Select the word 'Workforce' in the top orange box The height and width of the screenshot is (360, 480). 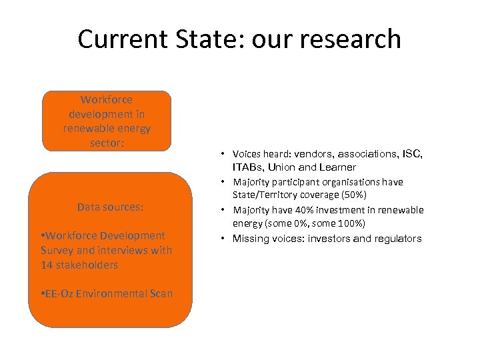(x=107, y=100)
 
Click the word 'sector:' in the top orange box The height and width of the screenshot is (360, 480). (x=107, y=142)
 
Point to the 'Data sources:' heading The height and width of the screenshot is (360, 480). (x=110, y=207)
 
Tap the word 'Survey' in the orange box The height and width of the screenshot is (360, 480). (x=57, y=250)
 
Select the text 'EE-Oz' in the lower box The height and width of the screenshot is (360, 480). (x=60, y=294)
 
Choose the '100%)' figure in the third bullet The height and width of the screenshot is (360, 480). (x=350, y=223)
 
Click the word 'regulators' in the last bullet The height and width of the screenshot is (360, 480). (x=397, y=238)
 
